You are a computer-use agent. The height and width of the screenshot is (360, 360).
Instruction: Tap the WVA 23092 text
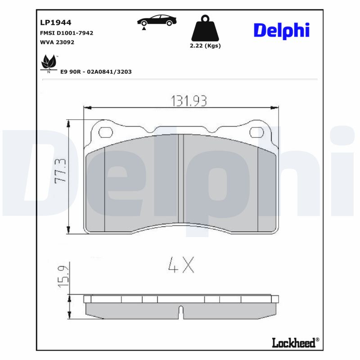[x=57, y=42]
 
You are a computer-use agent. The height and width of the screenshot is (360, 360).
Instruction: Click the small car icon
[x=157, y=21]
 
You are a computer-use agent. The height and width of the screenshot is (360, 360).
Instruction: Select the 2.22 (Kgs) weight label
[x=205, y=46]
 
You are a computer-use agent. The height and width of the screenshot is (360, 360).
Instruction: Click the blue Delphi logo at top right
[x=282, y=30]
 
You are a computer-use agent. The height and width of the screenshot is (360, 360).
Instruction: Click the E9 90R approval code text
[x=95, y=72]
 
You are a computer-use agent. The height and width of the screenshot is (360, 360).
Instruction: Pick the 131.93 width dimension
[x=188, y=101]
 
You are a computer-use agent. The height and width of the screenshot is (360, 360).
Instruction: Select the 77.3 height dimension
[x=60, y=170]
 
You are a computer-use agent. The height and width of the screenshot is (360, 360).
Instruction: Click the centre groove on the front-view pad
[x=181, y=179]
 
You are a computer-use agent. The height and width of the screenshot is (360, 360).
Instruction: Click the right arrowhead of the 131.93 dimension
[x=274, y=108]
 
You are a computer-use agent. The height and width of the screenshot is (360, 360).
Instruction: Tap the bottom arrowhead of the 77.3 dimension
[x=68, y=230]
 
